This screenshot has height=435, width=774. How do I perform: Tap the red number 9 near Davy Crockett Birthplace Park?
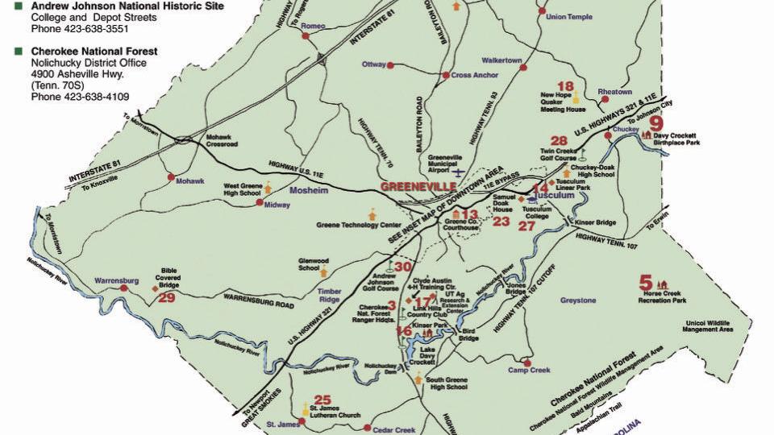pos(656,123)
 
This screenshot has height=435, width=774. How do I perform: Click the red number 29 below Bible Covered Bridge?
pos(167,298)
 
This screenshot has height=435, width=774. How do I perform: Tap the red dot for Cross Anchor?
pos(444,76)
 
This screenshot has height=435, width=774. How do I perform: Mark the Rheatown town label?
pos(614,92)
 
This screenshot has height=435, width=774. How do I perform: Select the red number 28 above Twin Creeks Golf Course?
pos(559,141)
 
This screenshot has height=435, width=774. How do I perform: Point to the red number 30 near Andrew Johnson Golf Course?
pos(403,267)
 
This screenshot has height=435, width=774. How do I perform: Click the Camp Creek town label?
pos(528,371)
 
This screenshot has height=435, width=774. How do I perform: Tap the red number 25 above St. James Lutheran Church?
pos(322,400)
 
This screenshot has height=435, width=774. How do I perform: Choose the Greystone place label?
pos(578,300)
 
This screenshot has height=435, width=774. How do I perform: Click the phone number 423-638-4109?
pos(80,97)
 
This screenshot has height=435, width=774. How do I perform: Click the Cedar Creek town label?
pos(395,429)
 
